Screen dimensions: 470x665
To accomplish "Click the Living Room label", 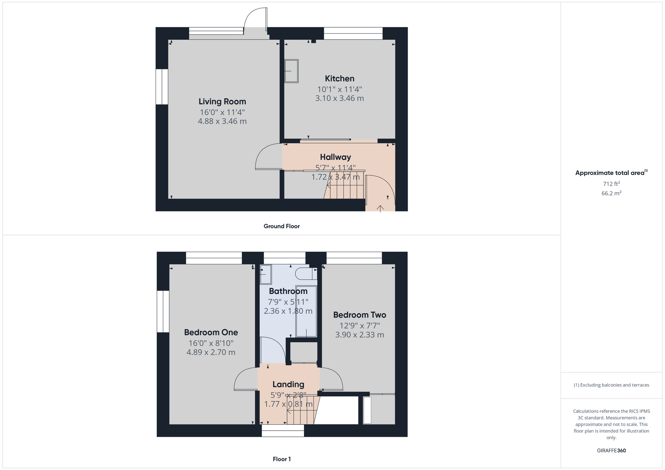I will tap(222, 101).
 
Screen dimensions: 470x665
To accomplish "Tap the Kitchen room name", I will tap(339, 78).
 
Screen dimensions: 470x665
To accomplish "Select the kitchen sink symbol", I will tap(292, 71).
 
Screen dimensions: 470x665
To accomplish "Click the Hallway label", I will tap(335, 157).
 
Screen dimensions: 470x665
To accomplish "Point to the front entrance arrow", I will tap(380, 208).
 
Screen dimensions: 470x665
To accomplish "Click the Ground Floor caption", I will tap(282, 226).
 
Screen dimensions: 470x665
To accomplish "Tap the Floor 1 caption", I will tap(282, 459).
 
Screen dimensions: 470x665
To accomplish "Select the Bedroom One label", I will tap(211, 332).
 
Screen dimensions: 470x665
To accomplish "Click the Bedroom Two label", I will tap(359, 315).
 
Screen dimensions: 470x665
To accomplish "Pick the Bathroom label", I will tap(288, 291).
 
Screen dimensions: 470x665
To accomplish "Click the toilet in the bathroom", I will tap(306, 274).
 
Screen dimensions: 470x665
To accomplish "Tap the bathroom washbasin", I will tap(266, 274).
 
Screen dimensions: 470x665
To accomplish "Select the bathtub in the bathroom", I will tap(306, 311).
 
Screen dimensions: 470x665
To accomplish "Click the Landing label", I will tap(288, 384).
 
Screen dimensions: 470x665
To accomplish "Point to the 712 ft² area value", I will tap(611, 184).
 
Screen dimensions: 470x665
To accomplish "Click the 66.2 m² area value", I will tap(611, 193).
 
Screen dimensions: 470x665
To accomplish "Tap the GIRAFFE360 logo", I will tap(611, 450).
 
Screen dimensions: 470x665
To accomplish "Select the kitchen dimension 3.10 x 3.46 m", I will tap(339, 98).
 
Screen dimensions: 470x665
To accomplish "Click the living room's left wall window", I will tap(162, 87).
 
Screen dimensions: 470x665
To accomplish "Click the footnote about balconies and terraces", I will tap(611, 385).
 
